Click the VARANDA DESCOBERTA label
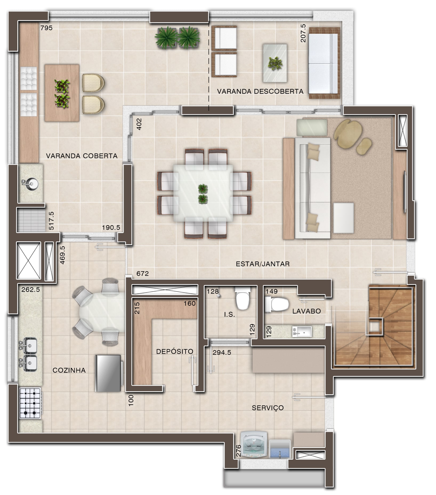(x=260, y=92)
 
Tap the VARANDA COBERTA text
(x=82, y=156)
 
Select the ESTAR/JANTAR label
(x=263, y=264)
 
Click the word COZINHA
(x=69, y=370)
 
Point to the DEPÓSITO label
(x=175, y=351)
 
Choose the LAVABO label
(x=306, y=311)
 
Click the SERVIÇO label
(x=268, y=408)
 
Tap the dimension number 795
(x=46, y=28)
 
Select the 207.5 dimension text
(x=303, y=34)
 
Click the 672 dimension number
(x=143, y=274)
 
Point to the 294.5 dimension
(x=222, y=353)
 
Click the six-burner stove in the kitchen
(x=30, y=403)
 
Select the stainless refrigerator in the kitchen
(x=109, y=373)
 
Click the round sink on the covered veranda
(x=31, y=183)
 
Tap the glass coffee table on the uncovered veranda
(x=275, y=63)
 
